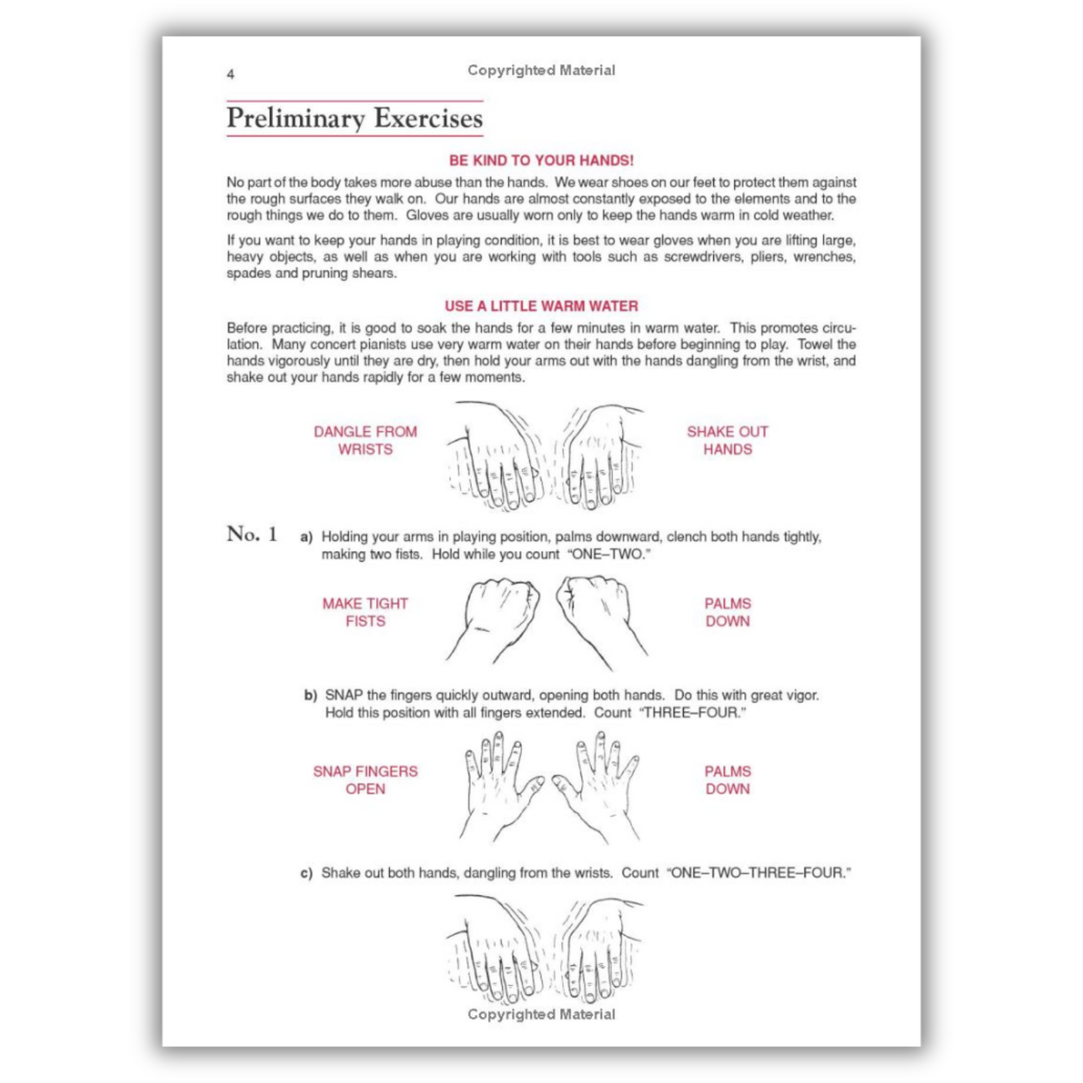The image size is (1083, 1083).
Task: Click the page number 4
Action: point(231,74)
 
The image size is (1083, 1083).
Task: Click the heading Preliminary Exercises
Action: point(354,118)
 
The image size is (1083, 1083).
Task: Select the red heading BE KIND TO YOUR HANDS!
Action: point(541,160)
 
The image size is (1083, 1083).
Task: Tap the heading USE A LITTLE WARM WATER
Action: point(541,306)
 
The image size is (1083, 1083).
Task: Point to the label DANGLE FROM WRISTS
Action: point(365,440)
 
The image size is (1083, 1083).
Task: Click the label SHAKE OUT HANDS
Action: point(727,440)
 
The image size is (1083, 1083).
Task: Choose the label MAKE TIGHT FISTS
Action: point(365,612)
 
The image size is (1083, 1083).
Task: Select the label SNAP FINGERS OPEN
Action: point(365,780)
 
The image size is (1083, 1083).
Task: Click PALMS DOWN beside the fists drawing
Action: point(727,612)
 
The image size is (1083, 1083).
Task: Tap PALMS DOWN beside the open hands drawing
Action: point(727,780)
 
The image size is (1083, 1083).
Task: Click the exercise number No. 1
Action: point(251,534)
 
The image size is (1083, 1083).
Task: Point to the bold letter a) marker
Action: point(306,537)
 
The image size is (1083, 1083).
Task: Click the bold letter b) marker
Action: point(310,695)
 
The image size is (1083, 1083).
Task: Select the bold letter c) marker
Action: point(306,873)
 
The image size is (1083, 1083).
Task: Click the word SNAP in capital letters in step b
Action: point(343,695)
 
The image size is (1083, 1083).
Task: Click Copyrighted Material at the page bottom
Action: point(541,1014)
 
